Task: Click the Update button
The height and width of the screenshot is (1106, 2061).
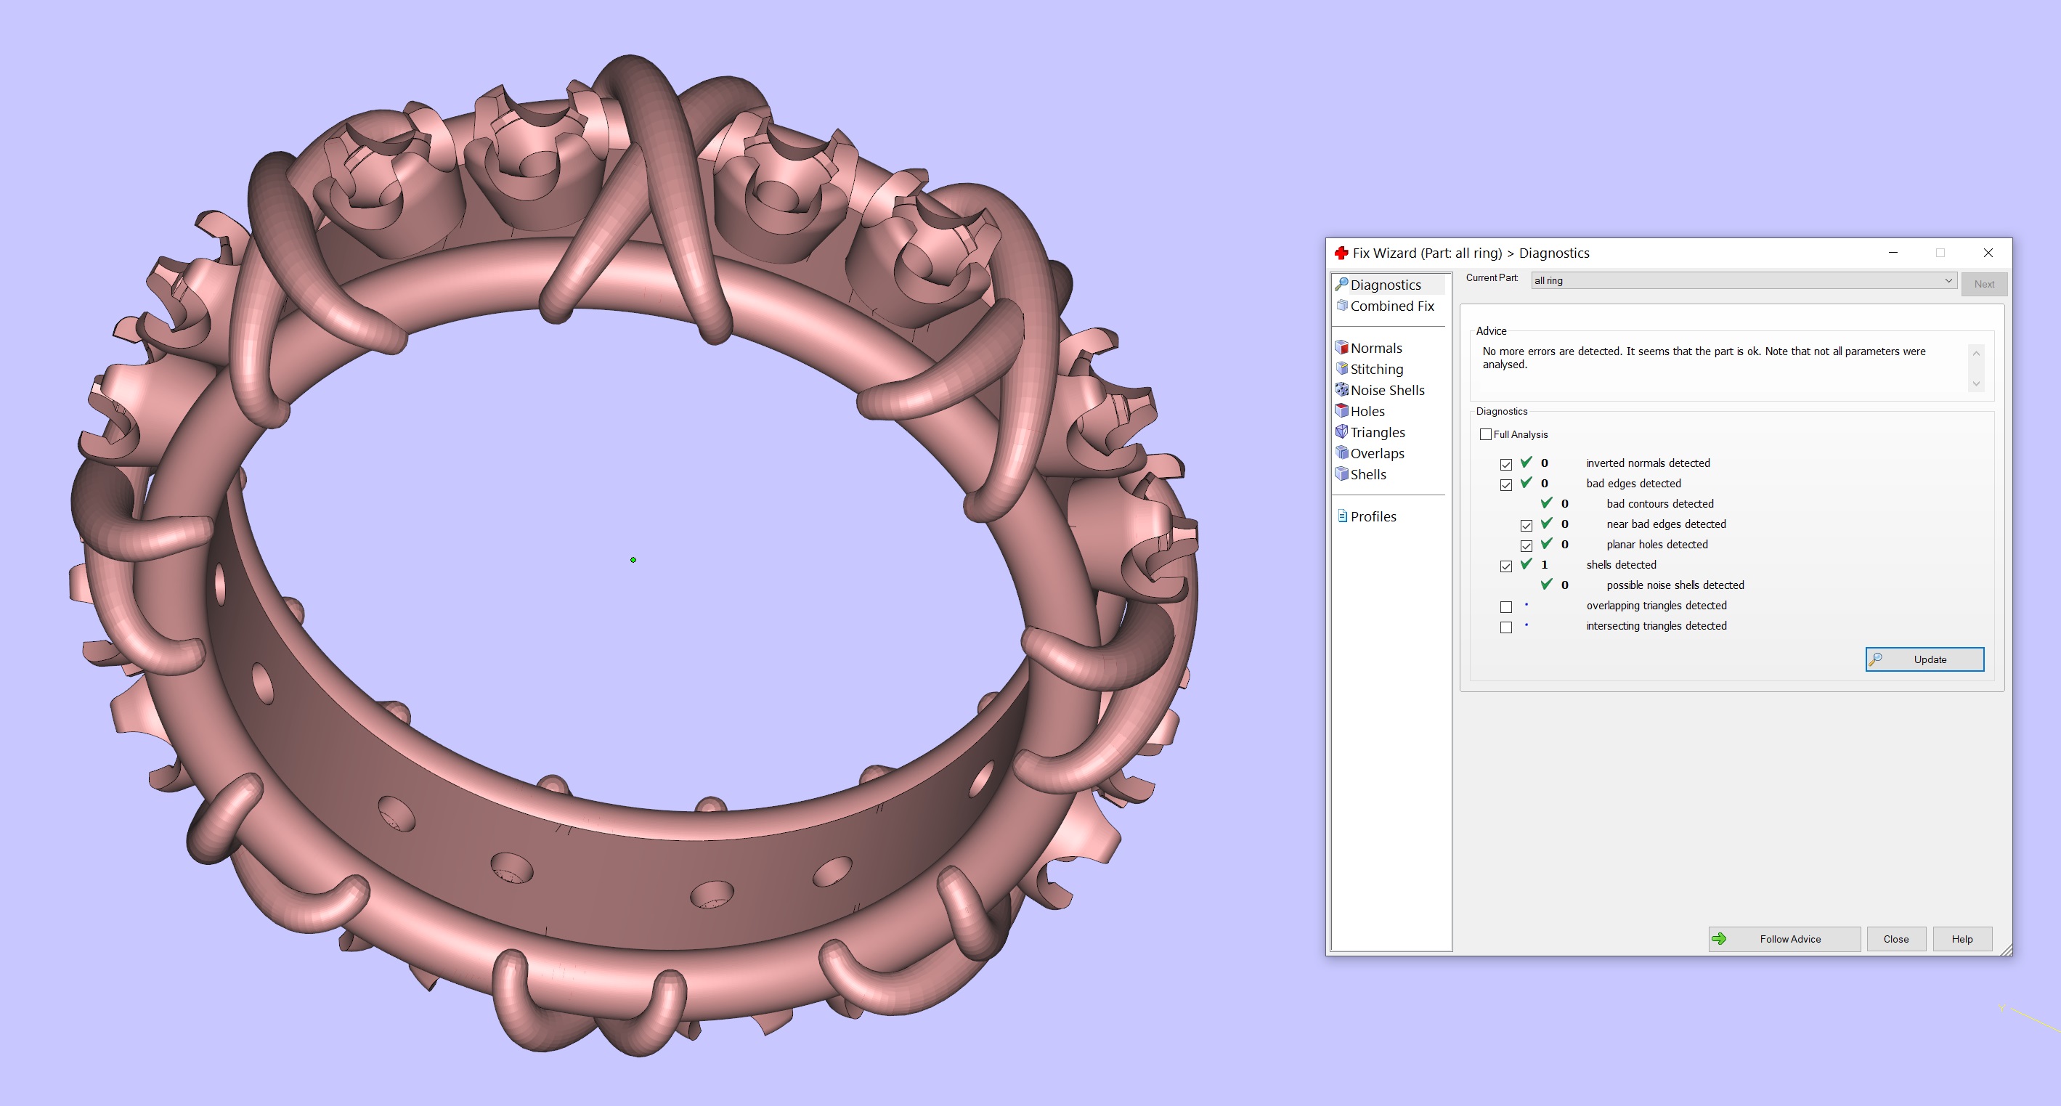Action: [1924, 659]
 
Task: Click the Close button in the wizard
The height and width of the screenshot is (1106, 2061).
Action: [1895, 939]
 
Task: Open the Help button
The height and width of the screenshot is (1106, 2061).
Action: [1961, 939]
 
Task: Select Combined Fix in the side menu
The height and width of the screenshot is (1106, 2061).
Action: [1391, 306]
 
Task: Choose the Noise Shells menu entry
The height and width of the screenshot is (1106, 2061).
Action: [1386, 390]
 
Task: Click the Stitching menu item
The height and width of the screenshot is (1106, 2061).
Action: [1376, 369]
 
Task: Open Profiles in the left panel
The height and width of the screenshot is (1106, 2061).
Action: [1373, 516]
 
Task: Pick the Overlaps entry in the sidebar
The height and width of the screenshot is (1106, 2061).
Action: [1377, 453]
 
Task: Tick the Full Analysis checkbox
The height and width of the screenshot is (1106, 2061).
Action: [1486, 434]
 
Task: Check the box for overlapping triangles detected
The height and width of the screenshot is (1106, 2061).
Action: [1505, 606]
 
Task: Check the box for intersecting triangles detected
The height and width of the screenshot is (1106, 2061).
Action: [1505, 627]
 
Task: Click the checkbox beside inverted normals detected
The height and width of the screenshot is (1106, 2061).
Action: [1505, 464]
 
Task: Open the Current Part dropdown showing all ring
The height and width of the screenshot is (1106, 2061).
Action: [1743, 280]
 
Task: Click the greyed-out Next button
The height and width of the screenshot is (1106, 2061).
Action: [1983, 284]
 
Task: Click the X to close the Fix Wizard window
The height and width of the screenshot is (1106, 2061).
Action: [1988, 253]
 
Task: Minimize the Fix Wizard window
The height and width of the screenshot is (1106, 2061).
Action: [1893, 253]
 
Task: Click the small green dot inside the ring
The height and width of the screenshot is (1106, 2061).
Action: [633, 560]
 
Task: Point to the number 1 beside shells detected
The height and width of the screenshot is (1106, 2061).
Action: [1544, 565]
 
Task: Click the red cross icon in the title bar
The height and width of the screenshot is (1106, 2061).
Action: [1341, 253]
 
